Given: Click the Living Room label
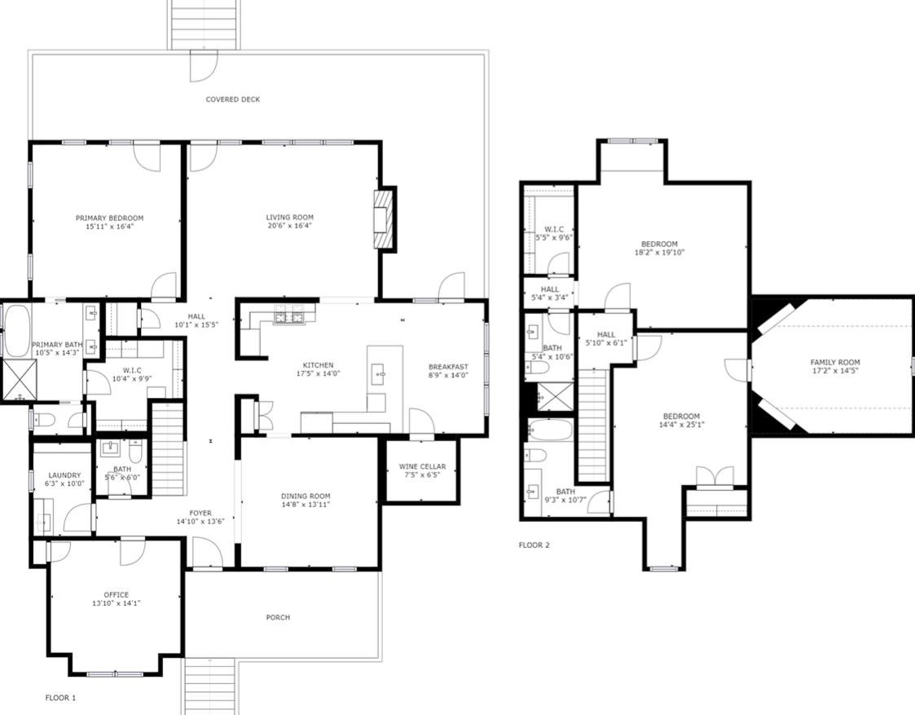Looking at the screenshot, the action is coord(290,217).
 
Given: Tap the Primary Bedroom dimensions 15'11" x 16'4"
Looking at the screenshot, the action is coord(109,226).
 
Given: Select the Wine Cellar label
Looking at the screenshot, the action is coord(423,466).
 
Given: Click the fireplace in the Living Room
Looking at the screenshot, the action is coord(385,218).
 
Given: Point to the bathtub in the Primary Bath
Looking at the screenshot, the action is coord(15,331).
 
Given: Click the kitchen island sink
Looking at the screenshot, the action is coord(380,373).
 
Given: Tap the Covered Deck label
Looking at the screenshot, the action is coord(233,99).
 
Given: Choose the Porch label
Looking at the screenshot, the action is coord(278,617).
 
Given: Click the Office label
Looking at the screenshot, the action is coord(117,595).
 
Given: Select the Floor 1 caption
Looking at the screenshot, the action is coord(60,698).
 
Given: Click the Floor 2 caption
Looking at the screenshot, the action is coord(534,545).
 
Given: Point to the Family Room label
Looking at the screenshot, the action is coord(836,362).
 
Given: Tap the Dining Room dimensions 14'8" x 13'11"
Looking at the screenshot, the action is coord(306,505).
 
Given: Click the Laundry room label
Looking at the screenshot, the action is coord(64,475).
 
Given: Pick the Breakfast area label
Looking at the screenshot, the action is coord(448,367).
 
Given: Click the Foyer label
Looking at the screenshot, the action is coord(200,513).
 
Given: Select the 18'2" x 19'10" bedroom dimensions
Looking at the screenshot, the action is coord(659,253).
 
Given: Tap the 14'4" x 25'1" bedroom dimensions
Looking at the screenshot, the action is coord(681,424).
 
